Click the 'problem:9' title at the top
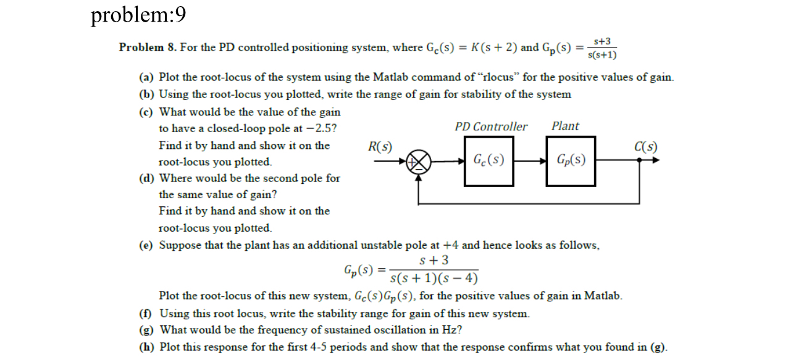pyautogui.click(x=138, y=15)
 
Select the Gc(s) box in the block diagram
pyautogui.click(x=489, y=161)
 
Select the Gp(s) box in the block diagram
pyautogui.click(x=571, y=161)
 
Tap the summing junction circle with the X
pyautogui.click(x=420, y=162)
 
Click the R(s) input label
pyautogui.click(x=380, y=147)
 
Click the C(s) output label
pyautogui.click(x=645, y=147)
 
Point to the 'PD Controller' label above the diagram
pyautogui.click(x=491, y=127)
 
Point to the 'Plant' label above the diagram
pyautogui.click(x=565, y=126)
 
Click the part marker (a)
pyautogui.click(x=146, y=78)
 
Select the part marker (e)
pyautogui.click(x=146, y=245)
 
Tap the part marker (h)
pyautogui.click(x=146, y=346)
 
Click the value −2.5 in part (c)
pyautogui.click(x=324, y=129)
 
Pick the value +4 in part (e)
pyautogui.click(x=450, y=245)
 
